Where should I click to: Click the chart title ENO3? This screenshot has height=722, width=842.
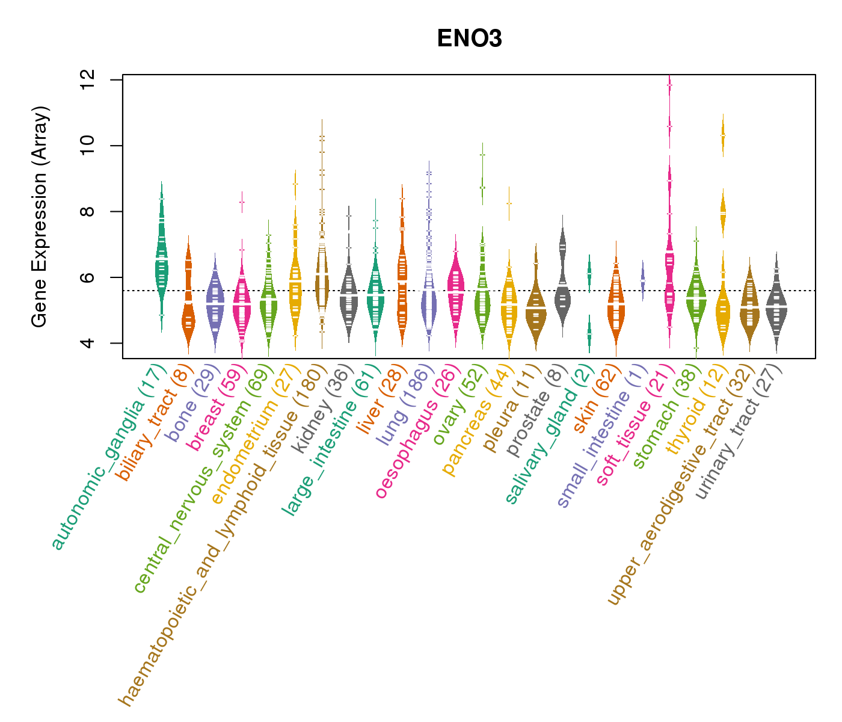click(x=469, y=39)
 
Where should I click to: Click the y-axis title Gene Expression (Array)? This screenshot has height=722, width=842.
click(x=40, y=217)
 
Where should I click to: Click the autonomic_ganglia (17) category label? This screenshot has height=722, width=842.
click(x=108, y=457)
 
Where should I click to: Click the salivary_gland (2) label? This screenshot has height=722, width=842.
click(x=547, y=433)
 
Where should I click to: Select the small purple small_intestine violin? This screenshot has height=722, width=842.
click(x=642, y=280)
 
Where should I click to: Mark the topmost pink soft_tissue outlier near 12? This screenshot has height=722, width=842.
click(x=669, y=86)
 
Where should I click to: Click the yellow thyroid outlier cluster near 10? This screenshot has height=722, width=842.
click(x=723, y=137)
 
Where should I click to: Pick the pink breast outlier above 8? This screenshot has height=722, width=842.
click(x=242, y=203)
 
